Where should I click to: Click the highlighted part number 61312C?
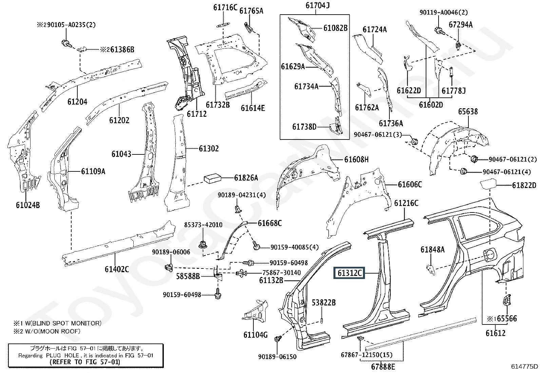pos(350,273)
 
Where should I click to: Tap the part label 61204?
pos(77,101)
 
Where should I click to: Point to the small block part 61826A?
pos(212,178)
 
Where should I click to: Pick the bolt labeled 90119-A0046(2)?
pos(438,31)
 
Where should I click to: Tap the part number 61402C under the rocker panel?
pos(117,269)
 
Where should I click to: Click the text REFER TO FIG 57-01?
pos(85,362)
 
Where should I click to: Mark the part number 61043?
pos(121,154)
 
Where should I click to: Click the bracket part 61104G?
pos(257,311)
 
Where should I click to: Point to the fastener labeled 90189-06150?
pos(278,338)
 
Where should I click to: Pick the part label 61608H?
pos(356,159)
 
